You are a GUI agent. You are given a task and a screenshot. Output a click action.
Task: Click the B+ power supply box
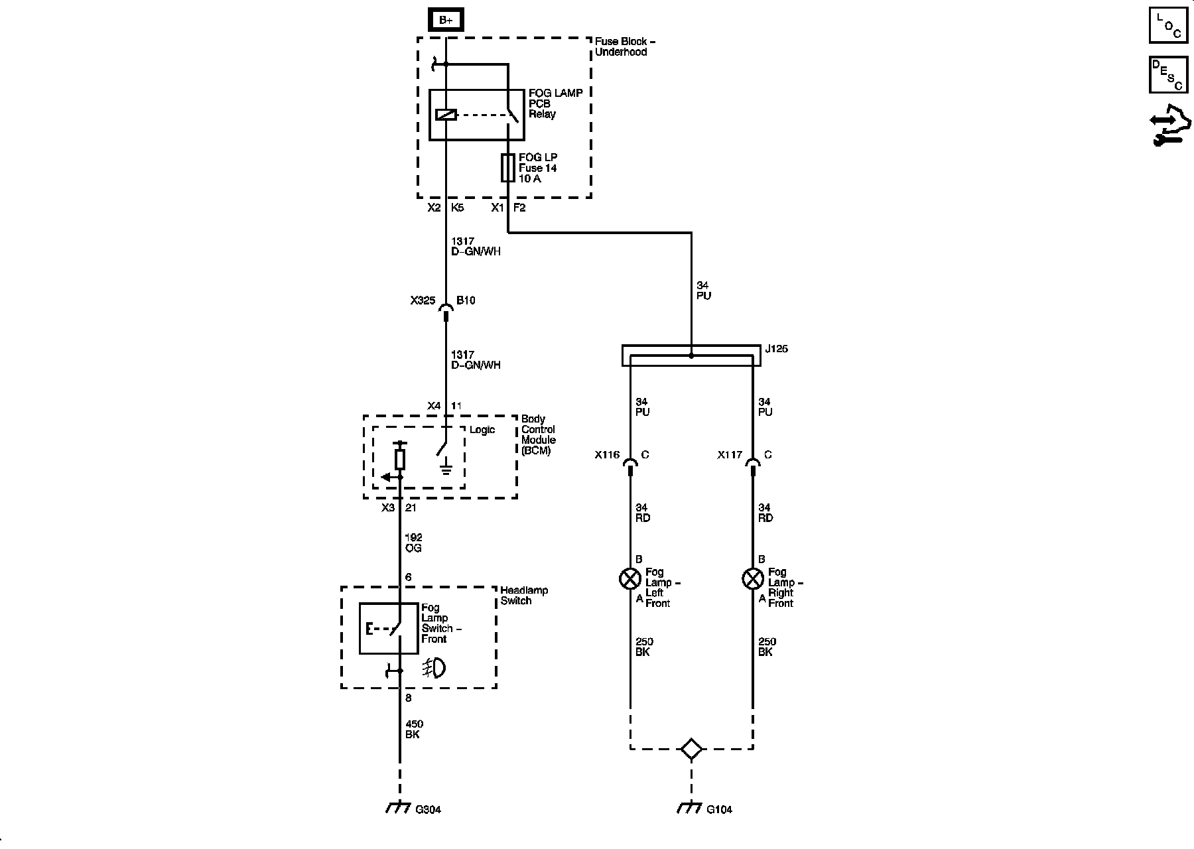pos(446,21)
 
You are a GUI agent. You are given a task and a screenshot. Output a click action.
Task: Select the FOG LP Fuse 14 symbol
pos(508,168)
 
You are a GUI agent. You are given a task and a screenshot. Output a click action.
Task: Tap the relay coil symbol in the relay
pos(446,114)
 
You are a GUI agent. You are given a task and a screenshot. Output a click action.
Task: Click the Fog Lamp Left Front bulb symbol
pos(630,579)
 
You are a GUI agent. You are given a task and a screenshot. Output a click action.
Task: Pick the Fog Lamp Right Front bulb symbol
pos(752,579)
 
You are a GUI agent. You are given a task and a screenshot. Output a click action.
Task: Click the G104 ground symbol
pos(691,808)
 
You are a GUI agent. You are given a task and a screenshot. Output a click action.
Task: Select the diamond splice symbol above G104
pos(691,750)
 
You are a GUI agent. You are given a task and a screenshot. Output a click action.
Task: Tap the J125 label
pos(776,349)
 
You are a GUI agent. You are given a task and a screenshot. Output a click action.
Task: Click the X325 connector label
pos(423,300)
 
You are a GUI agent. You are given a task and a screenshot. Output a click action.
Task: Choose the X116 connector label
pos(607,455)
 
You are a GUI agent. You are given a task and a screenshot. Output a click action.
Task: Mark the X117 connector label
pos(730,455)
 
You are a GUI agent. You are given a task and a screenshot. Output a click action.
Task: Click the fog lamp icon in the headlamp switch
pos(434,669)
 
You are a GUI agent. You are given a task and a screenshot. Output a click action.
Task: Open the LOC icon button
pos(1168,25)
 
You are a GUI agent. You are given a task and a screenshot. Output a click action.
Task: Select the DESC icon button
pos(1168,74)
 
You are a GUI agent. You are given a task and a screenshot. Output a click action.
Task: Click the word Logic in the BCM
pos(482,430)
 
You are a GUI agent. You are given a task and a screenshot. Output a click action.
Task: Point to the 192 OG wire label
pos(413,543)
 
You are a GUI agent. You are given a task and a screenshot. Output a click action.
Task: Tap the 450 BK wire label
pos(413,729)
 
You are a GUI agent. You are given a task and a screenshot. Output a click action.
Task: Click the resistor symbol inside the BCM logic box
pos(399,459)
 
